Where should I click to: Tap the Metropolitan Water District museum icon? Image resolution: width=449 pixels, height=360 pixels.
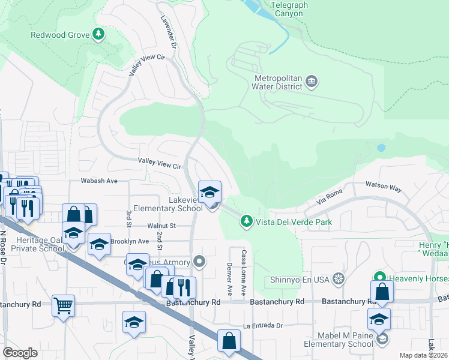pyautogui.click(x=312, y=81)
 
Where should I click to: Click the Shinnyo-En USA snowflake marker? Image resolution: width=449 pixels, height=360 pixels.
pyautogui.click(x=339, y=279)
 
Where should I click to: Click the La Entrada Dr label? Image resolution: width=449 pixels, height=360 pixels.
pyautogui.click(x=262, y=325)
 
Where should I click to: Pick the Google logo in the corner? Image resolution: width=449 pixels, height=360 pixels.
pyautogui.click(x=20, y=353)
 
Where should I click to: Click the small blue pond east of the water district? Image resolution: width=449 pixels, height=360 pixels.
pyautogui.click(x=381, y=147)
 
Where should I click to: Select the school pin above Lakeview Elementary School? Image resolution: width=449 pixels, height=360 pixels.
pyautogui.click(x=209, y=193)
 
